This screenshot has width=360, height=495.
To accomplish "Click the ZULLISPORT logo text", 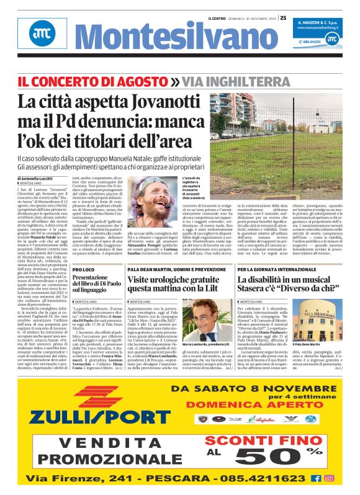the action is (x=91, y=416).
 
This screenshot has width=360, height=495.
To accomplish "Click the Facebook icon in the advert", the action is (x=317, y=478).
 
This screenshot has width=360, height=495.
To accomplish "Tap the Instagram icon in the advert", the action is (x=330, y=478).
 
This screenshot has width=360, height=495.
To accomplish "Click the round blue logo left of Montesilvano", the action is (x=40, y=39).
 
